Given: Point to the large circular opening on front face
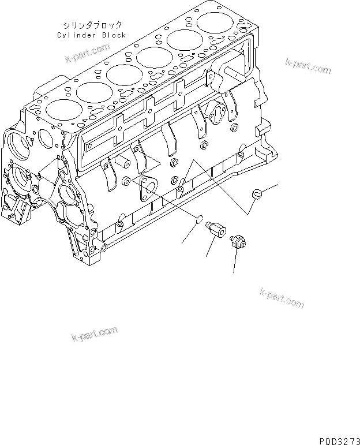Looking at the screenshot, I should click(20, 143).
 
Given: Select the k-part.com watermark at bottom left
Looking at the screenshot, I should click(94, 334).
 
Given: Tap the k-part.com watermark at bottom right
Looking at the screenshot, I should click(282, 298).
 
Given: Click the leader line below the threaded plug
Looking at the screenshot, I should click(234, 261).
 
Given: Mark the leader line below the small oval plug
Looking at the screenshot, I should click(188, 233).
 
